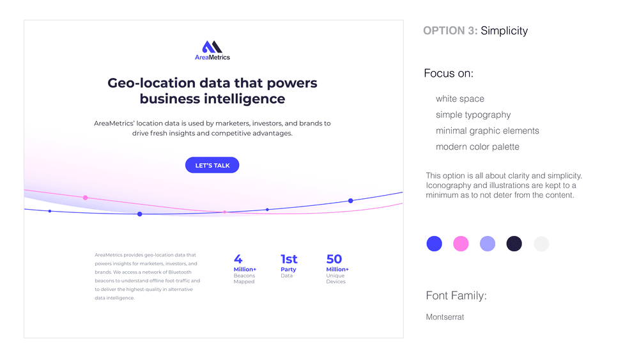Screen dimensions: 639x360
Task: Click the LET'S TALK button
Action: click(x=212, y=165)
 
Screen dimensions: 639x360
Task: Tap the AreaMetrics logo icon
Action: click(x=212, y=47)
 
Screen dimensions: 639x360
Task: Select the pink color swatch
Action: click(x=461, y=244)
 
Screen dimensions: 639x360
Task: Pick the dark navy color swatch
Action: click(x=514, y=244)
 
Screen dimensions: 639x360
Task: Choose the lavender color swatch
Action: click(x=488, y=244)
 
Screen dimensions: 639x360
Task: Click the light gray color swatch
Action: click(x=541, y=244)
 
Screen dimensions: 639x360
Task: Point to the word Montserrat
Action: click(x=445, y=317)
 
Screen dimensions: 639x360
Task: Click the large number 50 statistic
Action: click(x=334, y=259)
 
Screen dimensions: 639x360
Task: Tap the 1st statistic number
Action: click(x=289, y=259)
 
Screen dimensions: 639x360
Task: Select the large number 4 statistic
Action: click(x=238, y=259)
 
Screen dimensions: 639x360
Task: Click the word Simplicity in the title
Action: click(x=504, y=31)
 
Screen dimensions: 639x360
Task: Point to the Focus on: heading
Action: click(x=449, y=74)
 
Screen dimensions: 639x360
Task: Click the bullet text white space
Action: click(x=460, y=98)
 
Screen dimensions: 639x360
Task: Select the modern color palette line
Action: click(x=477, y=147)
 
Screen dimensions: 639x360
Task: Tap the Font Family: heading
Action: click(x=456, y=295)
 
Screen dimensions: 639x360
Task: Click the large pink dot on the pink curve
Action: click(x=85, y=198)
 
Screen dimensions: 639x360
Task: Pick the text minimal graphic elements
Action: click(x=488, y=131)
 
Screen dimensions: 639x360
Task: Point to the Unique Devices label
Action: click(x=336, y=278)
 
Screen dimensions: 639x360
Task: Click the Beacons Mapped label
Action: click(x=244, y=278)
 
